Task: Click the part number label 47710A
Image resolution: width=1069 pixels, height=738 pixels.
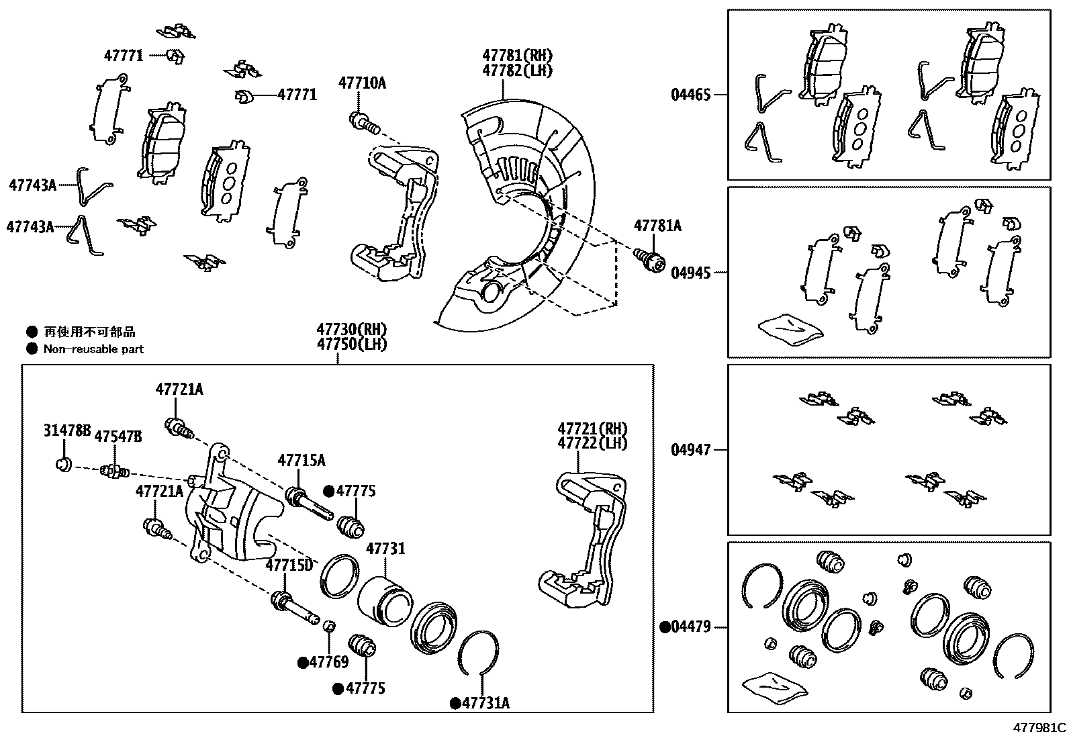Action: [x=362, y=83]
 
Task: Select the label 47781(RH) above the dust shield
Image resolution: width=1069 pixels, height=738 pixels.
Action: [x=516, y=56]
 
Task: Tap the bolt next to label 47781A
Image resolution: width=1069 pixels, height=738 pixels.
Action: [x=648, y=259]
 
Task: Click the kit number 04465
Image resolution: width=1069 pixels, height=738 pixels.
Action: [x=690, y=95]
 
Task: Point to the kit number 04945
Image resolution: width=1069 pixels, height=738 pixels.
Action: [x=690, y=273]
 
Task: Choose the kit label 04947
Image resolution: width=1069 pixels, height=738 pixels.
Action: [x=690, y=450]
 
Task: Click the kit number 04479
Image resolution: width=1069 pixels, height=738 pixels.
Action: [x=690, y=628]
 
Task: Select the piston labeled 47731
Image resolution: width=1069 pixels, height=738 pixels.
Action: [x=383, y=600]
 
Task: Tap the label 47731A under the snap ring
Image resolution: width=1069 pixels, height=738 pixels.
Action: [x=485, y=703]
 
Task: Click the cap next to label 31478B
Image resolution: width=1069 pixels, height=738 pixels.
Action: [x=63, y=464]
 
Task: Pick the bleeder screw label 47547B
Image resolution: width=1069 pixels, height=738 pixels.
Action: [x=118, y=437]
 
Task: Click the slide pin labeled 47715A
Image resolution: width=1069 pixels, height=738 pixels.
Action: [x=308, y=504]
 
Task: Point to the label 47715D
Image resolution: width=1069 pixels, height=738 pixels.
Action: [x=289, y=565]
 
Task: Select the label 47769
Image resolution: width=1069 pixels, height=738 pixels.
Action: [x=328, y=663]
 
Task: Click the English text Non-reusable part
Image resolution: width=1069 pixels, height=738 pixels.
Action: [x=93, y=349]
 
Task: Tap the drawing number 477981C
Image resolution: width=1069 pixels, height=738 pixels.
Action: [x=1039, y=727]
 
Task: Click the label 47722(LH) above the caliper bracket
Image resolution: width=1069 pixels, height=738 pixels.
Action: [x=592, y=443]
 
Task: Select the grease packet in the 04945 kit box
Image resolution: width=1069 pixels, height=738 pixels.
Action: [x=790, y=329]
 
